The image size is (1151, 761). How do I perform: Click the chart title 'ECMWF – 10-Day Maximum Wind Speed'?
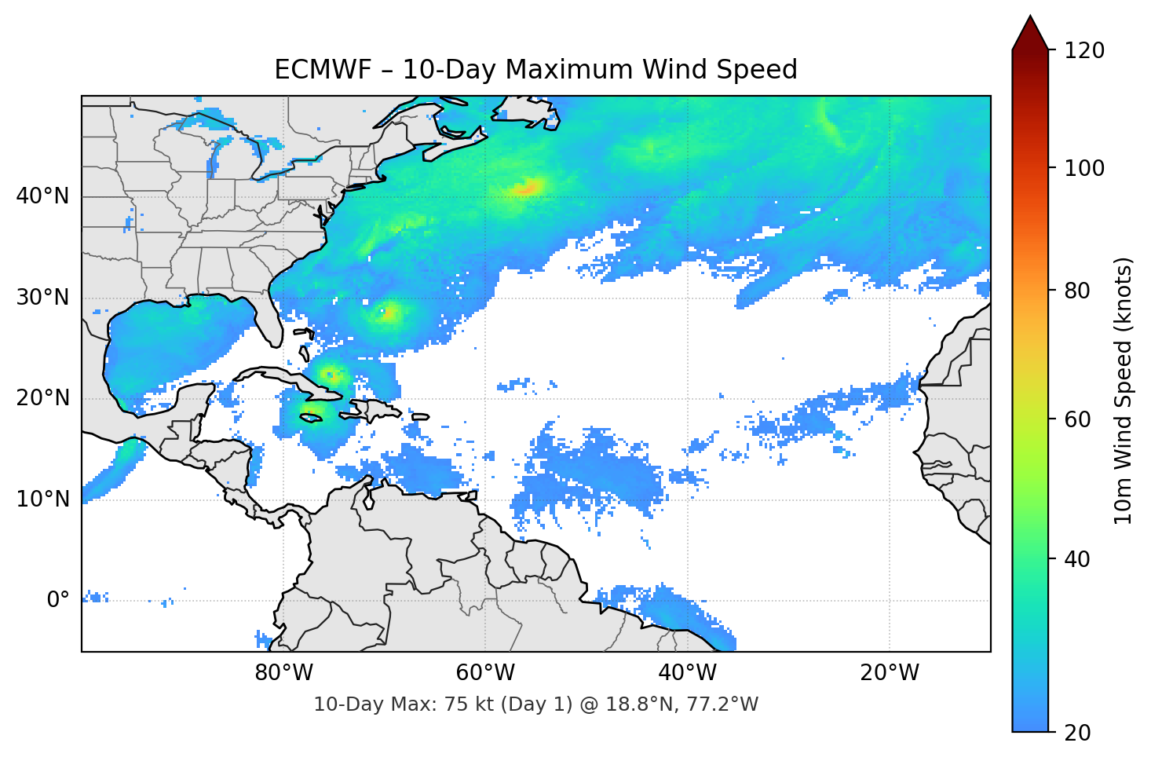pyautogui.click(x=535, y=70)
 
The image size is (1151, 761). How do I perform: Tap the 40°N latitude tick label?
pyautogui.click(x=42, y=196)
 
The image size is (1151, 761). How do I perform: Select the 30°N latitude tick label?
pyautogui.click(x=42, y=298)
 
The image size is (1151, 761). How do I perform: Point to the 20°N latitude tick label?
pyautogui.click(x=42, y=398)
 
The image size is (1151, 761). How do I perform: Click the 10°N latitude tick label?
pyautogui.click(x=42, y=499)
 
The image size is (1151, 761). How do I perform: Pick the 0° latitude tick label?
pyautogui.click(x=58, y=600)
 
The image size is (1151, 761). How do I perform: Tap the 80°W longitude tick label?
pyautogui.click(x=283, y=673)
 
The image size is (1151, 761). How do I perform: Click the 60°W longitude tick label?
pyautogui.click(x=485, y=673)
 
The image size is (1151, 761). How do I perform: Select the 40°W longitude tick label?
pyautogui.click(x=687, y=673)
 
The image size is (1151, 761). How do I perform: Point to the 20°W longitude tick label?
pyautogui.click(x=889, y=673)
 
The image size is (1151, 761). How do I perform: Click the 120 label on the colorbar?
pyautogui.click(x=1084, y=50)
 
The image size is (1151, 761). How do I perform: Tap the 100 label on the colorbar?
pyautogui.click(x=1084, y=168)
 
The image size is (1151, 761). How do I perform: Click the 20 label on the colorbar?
pyautogui.click(x=1078, y=733)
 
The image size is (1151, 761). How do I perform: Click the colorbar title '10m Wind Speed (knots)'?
pyautogui.click(x=1123, y=390)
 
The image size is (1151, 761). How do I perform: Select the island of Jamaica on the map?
pyautogui.click(x=312, y=418)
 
